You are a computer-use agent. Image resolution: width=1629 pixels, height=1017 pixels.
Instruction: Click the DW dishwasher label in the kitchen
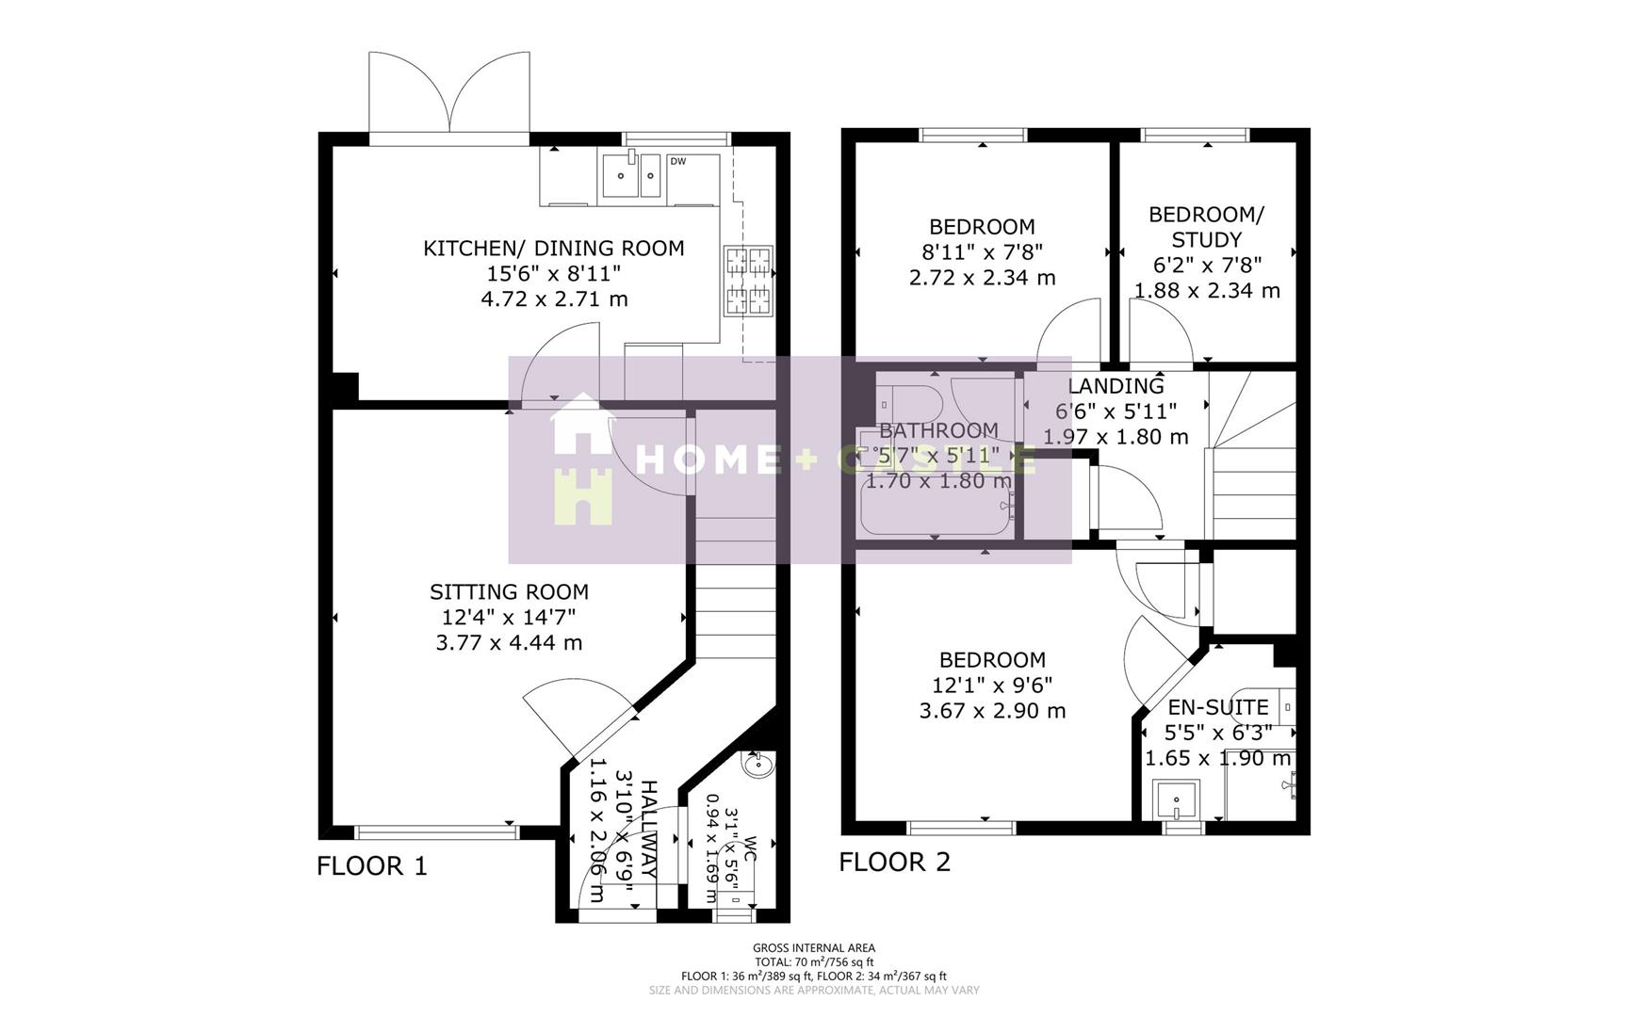click(x=677, y=161)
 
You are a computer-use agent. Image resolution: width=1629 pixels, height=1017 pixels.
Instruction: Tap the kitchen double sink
click(x=632, y=175)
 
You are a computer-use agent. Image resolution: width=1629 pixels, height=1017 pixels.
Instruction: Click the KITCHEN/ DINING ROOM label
click(x=553, y=249)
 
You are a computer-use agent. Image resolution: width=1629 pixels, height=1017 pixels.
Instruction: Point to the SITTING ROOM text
click(x=509, y=592)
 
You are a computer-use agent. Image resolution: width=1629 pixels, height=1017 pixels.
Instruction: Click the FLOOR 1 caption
click(x=371, y=865)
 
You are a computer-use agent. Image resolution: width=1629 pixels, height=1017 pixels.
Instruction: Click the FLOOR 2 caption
click(x=894, y=862)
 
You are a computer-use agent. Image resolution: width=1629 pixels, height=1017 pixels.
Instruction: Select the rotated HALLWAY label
click(x=648, y=829)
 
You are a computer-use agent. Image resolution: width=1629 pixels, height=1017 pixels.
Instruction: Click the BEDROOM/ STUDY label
click(x=1206, y=227)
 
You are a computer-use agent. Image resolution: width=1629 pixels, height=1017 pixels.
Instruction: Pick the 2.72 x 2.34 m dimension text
click(x=982, y=278)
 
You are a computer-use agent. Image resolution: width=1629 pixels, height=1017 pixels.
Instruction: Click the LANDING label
click(x=1116, y=386)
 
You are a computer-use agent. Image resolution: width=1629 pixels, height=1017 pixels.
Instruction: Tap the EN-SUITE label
click(x=1217, y=707)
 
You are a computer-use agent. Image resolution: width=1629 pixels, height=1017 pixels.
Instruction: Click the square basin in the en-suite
click(x=1176, y=800)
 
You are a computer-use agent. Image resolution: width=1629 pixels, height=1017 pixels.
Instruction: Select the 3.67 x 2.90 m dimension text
click(x=992, y=711)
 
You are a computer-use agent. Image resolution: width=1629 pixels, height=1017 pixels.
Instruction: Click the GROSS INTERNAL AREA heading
click(x=813, y=948)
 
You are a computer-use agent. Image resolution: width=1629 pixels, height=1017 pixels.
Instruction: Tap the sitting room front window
click(x=437, y=831)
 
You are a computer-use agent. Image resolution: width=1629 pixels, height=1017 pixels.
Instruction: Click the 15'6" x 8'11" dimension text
click(x=553, y=274)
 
